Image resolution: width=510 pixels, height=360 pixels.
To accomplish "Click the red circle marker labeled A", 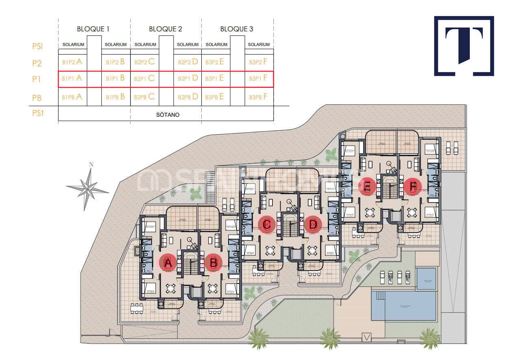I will (x=168, y=262).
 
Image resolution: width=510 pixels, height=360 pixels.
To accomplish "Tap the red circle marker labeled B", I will (x=213, y=262).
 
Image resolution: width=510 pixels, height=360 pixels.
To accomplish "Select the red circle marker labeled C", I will (x=267, y=224).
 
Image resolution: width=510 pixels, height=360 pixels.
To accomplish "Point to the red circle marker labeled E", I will (x=367, y=186).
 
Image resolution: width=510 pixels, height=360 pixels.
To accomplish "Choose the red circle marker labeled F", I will (x=412, y=186).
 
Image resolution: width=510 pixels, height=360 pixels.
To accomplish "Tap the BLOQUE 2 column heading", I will (x=166, y=29).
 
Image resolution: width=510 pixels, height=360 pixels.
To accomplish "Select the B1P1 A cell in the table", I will (x=72, y=79).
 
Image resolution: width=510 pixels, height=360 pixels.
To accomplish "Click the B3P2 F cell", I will (x=258, y=62).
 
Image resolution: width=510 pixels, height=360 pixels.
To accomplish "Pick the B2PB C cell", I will (x=144, y=97).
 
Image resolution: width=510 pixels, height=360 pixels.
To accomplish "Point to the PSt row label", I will (x=38, y=113).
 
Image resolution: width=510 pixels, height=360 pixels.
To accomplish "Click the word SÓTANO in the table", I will (x=168, y=115).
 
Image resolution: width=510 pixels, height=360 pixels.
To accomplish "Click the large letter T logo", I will (x=464, y=46).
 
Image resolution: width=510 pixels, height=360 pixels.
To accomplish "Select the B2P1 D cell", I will (x=188, y=79).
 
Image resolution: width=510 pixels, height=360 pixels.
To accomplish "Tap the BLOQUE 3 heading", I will (x=237, y=29).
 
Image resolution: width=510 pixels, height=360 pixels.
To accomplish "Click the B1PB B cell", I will (x=115, y=97).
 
